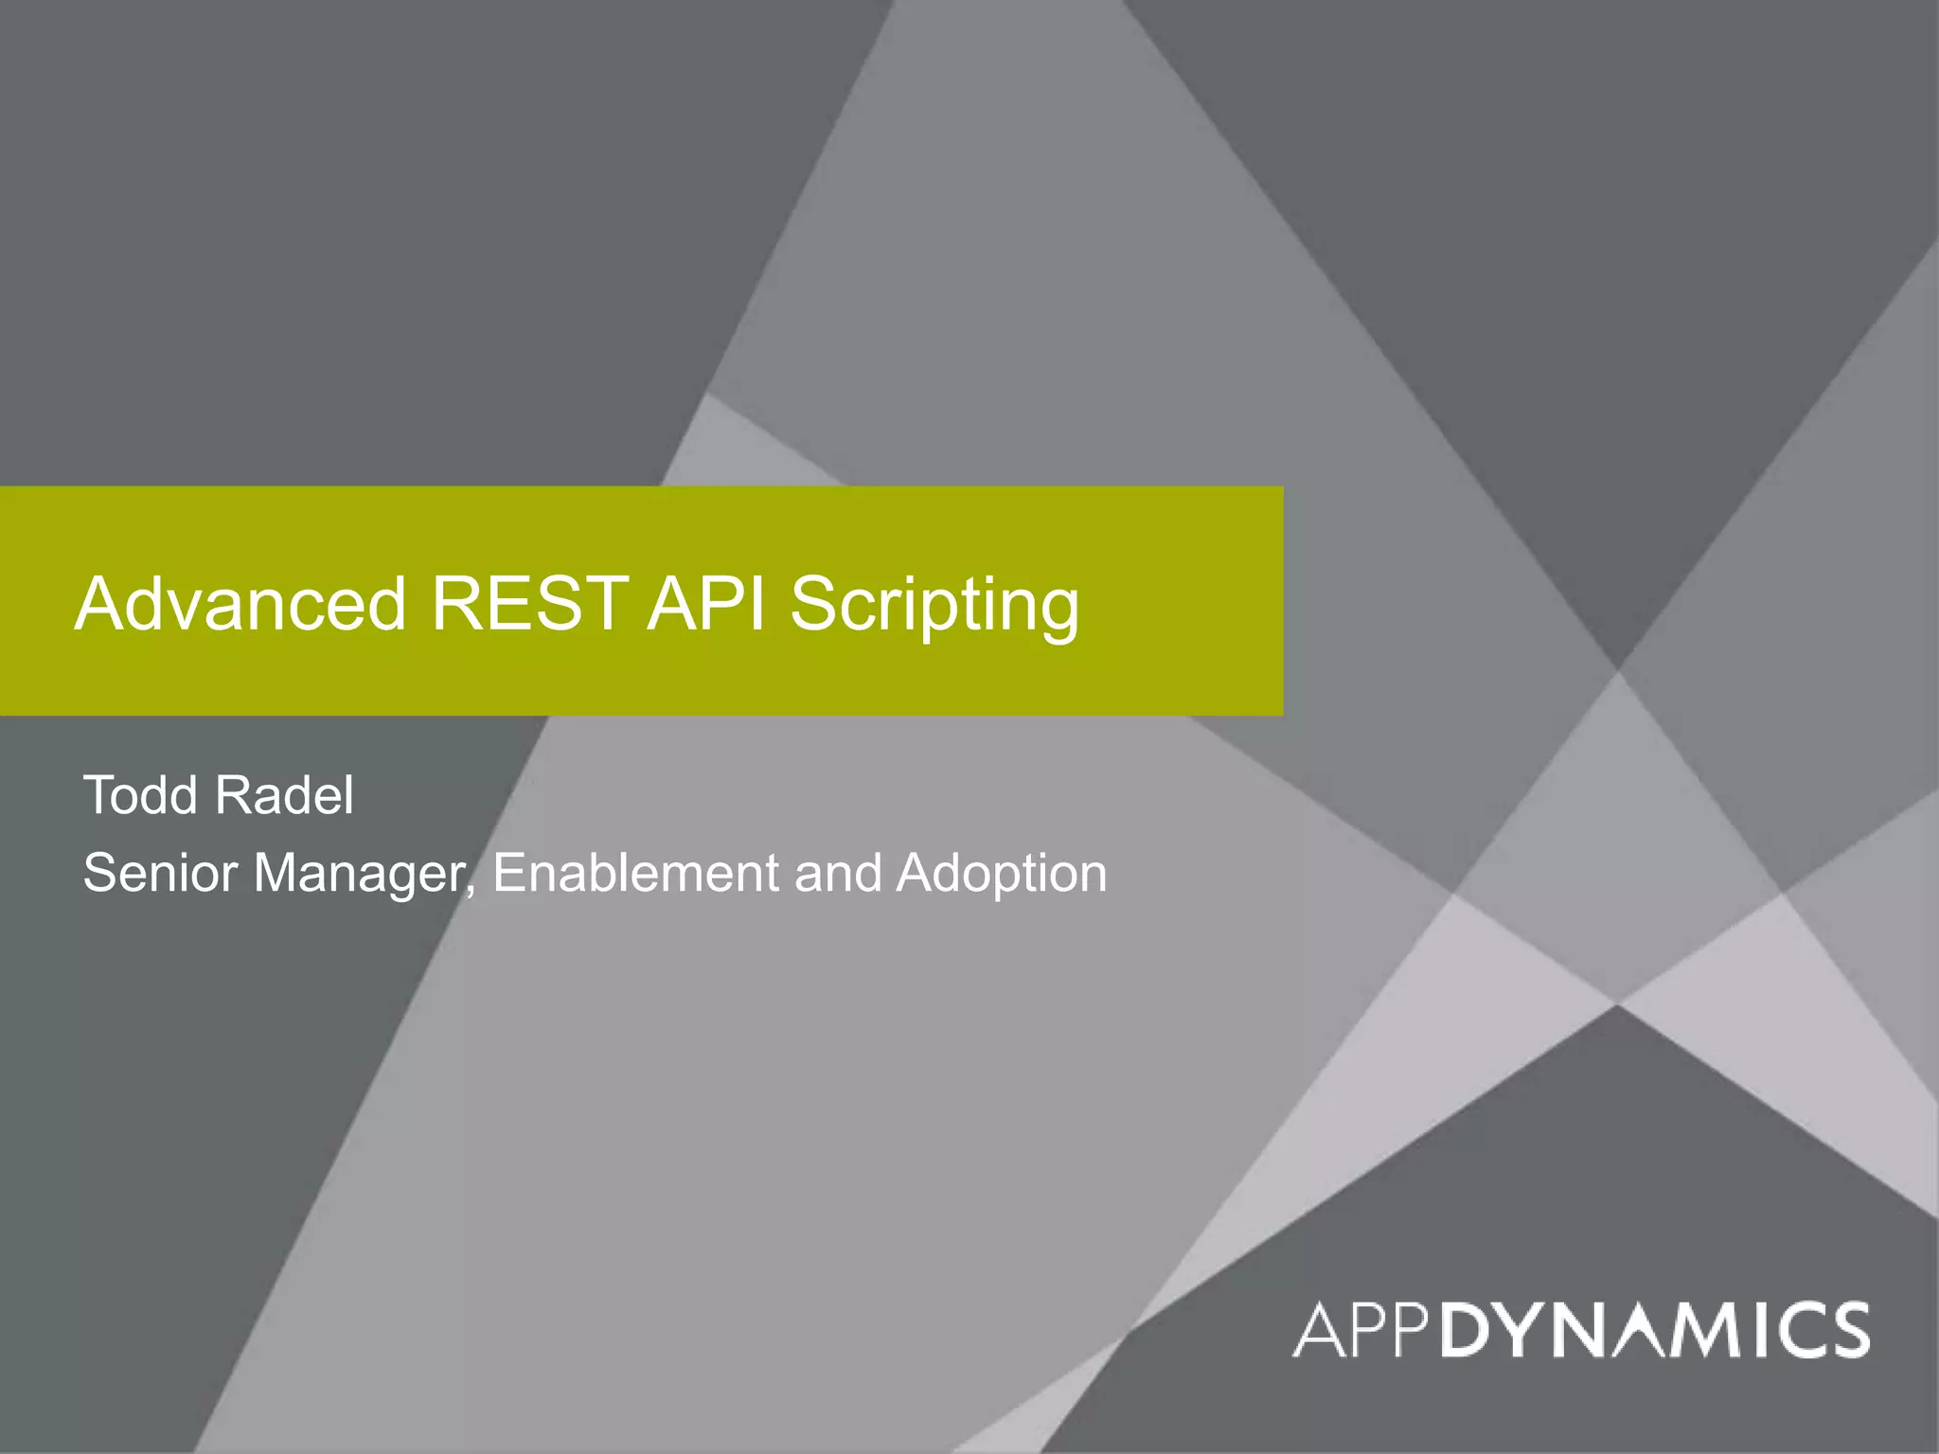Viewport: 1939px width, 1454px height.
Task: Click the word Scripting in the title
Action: (934, 606)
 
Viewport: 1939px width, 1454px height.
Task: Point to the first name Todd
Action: (140, 795)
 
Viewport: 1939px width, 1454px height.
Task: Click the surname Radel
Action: (284, 795)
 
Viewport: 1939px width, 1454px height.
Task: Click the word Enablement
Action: (635, 873)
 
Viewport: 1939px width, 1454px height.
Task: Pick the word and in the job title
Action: (838, 873)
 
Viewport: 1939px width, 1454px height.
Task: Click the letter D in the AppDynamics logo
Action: (1469, 1330)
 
